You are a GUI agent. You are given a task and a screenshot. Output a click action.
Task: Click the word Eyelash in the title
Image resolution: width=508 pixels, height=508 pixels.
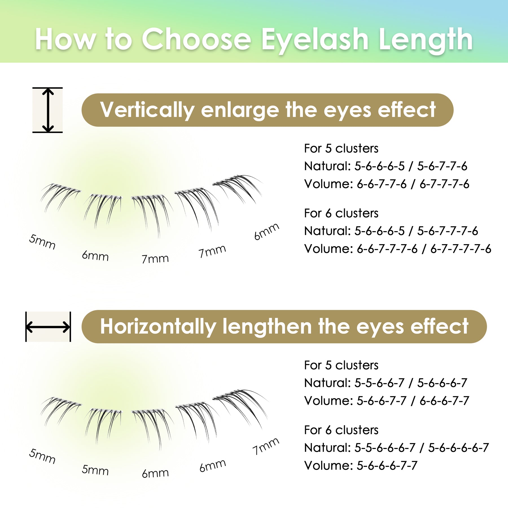(315, 40)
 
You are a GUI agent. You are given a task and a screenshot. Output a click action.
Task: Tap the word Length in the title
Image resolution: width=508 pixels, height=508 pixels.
(426, 40)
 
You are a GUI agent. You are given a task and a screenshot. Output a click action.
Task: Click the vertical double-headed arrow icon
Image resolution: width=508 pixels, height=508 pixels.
(48, 110)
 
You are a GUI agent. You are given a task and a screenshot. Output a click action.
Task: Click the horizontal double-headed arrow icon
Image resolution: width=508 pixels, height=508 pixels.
(48, 327)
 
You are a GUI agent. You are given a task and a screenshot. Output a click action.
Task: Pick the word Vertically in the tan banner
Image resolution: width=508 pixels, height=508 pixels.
(147, 110)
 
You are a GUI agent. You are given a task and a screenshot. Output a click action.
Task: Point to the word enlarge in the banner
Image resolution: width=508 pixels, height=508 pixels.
(240, 110)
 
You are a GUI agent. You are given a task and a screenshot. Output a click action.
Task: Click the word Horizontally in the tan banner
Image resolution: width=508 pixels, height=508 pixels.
(158, 327)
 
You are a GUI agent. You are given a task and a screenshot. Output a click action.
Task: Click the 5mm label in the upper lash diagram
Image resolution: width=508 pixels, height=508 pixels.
(42, 242)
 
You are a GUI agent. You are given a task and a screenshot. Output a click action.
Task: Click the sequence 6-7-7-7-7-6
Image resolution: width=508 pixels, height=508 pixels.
(461, 249)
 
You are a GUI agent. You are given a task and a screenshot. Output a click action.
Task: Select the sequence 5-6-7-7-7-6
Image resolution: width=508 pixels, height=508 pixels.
(448, 231)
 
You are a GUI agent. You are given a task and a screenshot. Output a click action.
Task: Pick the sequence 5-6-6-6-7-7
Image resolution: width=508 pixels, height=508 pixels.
(387, 466)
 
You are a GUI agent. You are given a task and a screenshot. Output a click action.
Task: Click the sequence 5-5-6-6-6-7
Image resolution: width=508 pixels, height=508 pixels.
(385, 448)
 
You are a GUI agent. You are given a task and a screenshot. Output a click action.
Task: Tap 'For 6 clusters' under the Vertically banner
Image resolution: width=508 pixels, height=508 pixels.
(341, 213)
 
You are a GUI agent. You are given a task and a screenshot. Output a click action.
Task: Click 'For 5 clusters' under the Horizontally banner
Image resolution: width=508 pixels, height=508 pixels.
(341, 365)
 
